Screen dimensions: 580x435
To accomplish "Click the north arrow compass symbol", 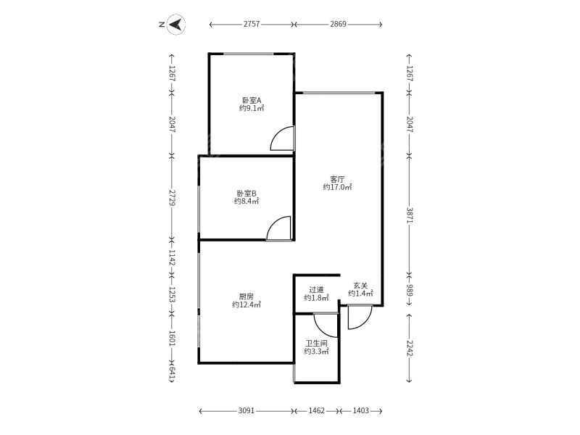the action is click(x=175, y=25).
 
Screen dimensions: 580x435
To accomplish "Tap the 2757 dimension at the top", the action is click(x=252, y=25).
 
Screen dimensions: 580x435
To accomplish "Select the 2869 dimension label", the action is click(x=338, y=25).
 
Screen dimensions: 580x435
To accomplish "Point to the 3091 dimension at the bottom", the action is click(x=246, y=410).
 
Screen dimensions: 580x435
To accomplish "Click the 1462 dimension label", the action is click(x=317, y=410).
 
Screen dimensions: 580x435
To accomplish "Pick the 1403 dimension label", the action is click(x=360, y=410).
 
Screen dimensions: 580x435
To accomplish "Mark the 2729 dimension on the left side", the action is click(x=172, y=198).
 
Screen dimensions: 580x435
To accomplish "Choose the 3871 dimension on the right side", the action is click(x=410, y=215).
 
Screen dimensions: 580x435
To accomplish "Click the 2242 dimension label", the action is click(x=410, y=348).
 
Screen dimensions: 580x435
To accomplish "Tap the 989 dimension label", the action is click(x=410, y=290).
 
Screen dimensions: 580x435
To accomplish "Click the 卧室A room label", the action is click(x=252, y=100).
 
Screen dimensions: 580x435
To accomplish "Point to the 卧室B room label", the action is click(x=246, y=194).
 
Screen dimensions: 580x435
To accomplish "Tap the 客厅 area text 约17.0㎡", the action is click(x=337, y=187).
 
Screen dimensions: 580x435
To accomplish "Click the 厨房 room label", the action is click(x=246, y=297).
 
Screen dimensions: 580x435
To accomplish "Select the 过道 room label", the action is click(x=316, y=290).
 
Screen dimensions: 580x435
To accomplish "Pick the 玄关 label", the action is click(x=360, y=286).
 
